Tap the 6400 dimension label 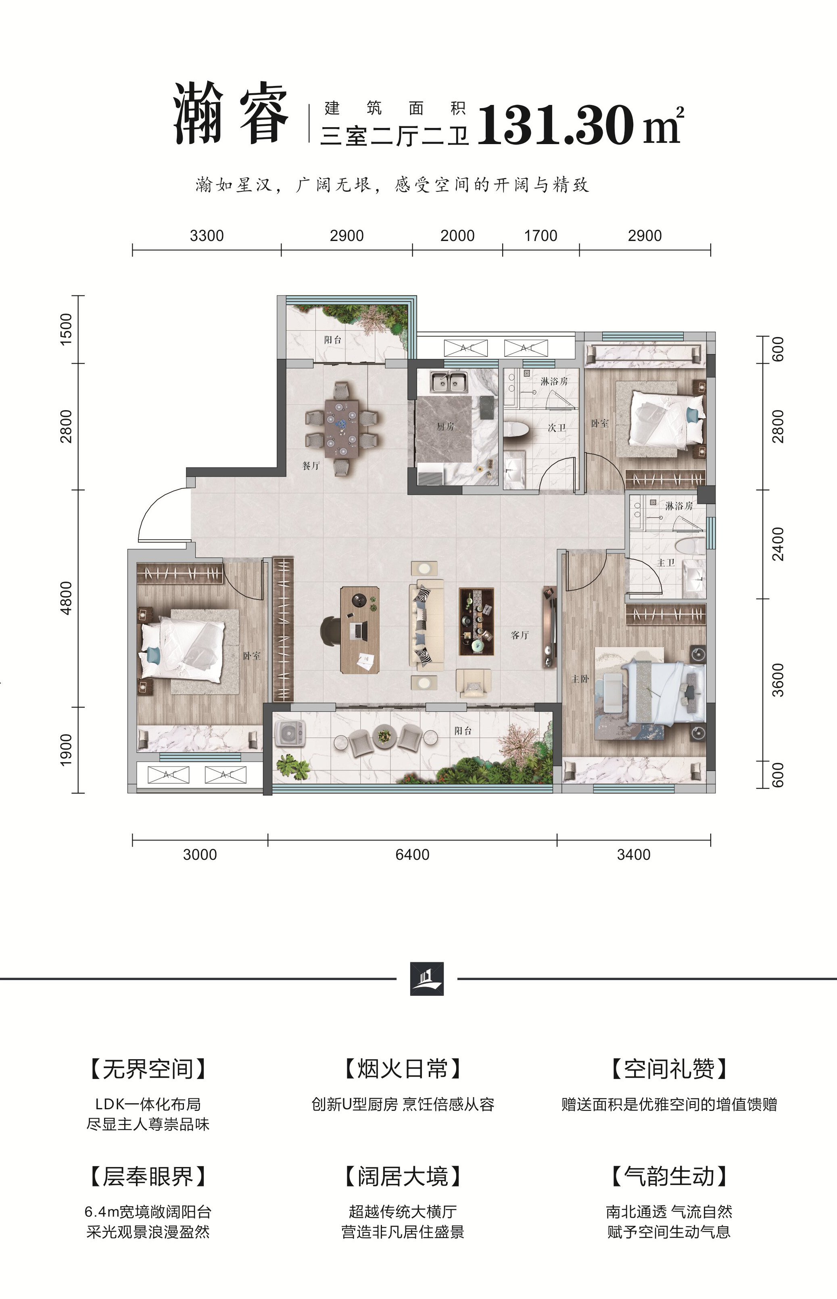(x=413, y=854)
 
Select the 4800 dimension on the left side (x=66, y=598)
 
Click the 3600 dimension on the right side (x=778, y=680)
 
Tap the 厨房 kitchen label (x=445, y=427)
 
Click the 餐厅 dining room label (x=311, y=466)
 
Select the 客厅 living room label (x=520, y=635)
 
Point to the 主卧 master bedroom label (x=580, y=679)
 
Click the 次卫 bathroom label (x=557, y=428)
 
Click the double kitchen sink (x=448, y=382)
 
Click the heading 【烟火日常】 (x=403, y=1069)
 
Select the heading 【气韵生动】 (x=669, y=1176)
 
